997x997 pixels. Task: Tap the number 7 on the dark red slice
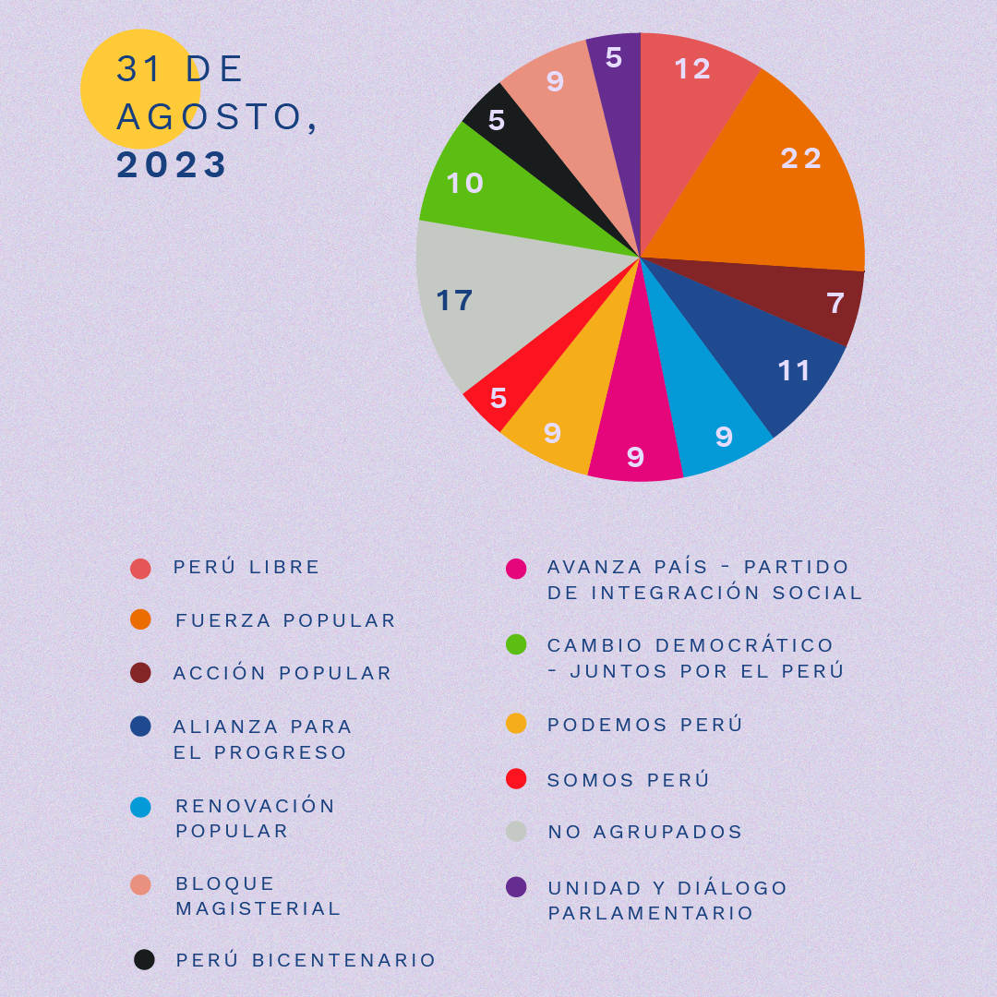(x=835, y=303)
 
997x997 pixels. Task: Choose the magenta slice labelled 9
(x=635, y=443)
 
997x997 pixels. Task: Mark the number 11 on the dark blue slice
(x=794, y=371)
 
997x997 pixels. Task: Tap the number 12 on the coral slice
(x=692, y=69)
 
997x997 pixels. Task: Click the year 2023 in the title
(x=172, y=165)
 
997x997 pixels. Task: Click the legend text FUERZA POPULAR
(x=285, y=620)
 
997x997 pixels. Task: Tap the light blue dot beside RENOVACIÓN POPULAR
(x=141, y=807)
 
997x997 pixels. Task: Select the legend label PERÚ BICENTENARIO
(x=306, y=960)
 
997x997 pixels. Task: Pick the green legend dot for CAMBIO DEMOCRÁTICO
(x=516, y=644)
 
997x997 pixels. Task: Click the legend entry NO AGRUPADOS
(x=644, y=832)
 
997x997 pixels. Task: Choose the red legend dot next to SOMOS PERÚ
(x=516, y=779)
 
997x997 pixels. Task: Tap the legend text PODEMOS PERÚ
(x=644, y=725)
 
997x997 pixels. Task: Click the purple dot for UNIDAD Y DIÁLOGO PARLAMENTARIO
(x=516, y=887)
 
